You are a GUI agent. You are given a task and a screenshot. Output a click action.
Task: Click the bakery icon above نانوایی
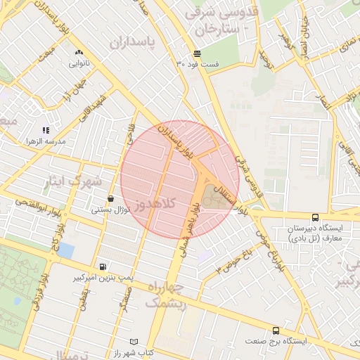pos(78,52)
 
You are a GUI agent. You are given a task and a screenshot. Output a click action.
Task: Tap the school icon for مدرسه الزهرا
pos(46,130)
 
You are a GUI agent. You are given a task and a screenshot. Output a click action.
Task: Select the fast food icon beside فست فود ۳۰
pos(198,53)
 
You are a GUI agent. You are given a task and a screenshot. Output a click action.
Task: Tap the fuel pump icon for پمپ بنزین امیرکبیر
pos(103,266)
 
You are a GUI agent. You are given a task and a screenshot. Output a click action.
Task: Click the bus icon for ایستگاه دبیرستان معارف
pos(314,217)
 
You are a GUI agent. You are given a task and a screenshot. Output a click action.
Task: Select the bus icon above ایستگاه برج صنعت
pos(275,330)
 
